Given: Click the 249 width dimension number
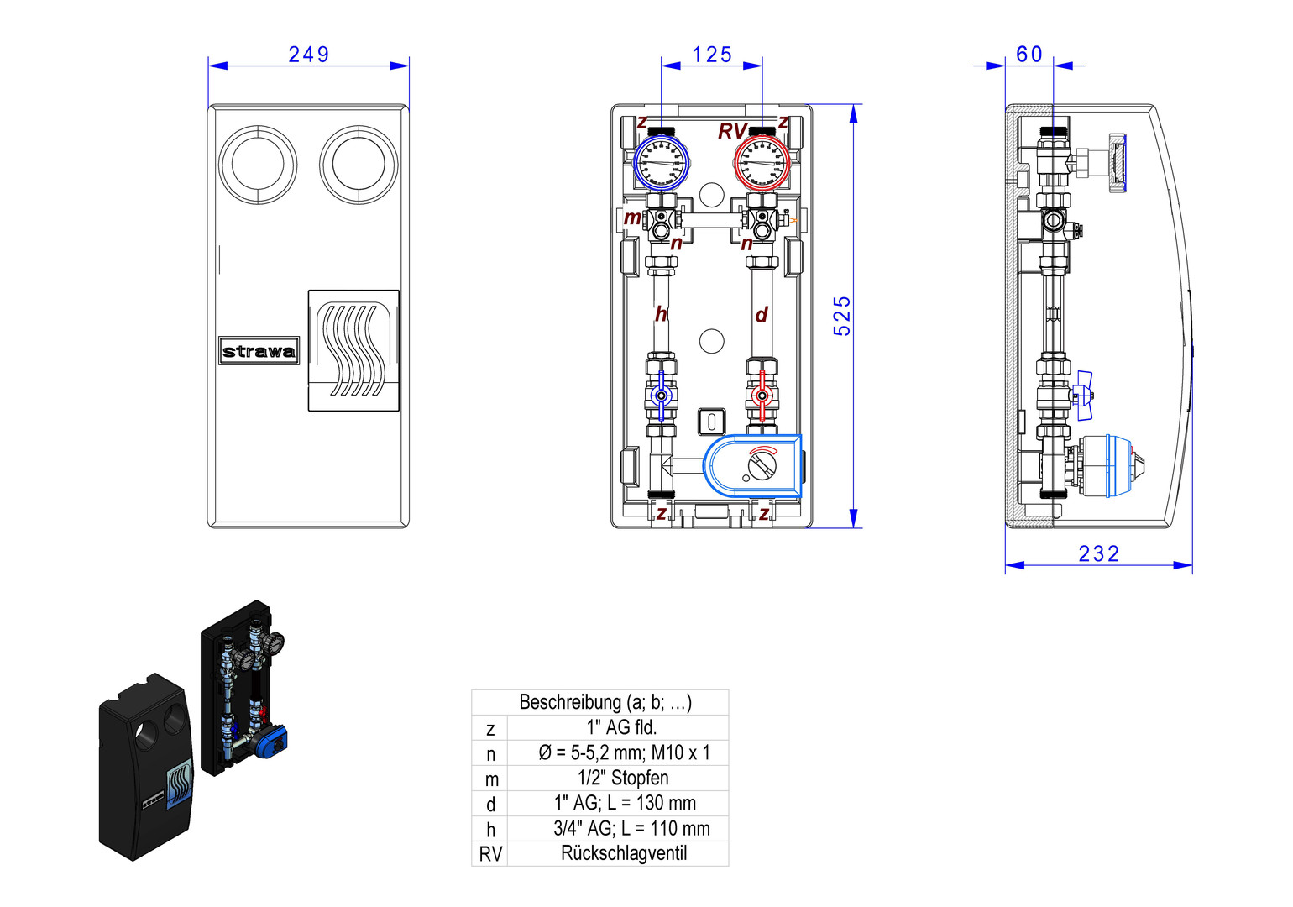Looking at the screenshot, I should [309, 55].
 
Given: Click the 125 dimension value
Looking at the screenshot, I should [712, 55].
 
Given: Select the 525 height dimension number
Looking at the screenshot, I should [842, 316].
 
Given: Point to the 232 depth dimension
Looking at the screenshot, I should [1099, 553].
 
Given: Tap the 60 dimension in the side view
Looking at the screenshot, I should [1029, 55].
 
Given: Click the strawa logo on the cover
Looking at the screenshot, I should [259, 351].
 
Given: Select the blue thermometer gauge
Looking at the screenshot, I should [661, 163].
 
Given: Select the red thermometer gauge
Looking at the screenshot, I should [762, 163].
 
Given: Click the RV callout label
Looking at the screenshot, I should [731, 132].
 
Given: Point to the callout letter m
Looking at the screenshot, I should [631, 218].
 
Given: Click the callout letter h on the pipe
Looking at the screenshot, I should [661, 315].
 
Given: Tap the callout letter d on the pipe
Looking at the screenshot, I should [762, 315].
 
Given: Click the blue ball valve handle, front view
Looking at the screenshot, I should [662, 395].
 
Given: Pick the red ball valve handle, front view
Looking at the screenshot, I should [762, 395].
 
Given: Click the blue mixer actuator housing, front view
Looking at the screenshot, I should [752, 464].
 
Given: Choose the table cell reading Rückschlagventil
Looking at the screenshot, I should [623, 853].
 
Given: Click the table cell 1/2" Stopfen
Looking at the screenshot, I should [623, 778].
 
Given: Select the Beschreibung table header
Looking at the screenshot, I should [605, 702].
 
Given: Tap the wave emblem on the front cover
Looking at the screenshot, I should [353, 350].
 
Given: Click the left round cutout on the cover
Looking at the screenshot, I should [258, 165].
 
